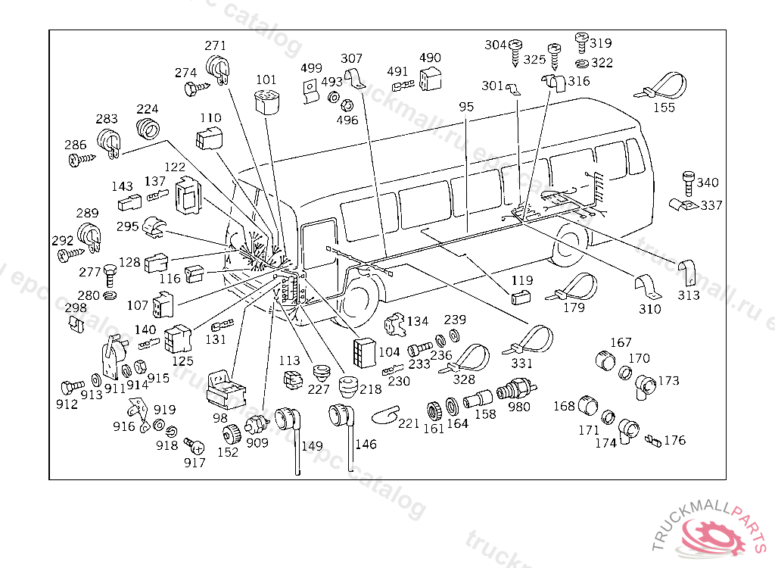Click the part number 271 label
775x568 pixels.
[216, 45]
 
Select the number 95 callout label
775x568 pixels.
[466, 107]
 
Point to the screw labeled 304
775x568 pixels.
[515, 53]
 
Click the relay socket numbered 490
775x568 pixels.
[430, 78]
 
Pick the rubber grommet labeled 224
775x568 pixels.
[148, 128]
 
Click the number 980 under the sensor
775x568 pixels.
[519, 407]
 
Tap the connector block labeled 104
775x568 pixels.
[364, 352]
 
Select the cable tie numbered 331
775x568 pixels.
[529, 341]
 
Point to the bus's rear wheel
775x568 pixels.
[571, 244]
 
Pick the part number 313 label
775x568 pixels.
[689, 295]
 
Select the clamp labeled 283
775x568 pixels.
[109, 142]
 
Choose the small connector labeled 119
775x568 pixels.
[521, 298]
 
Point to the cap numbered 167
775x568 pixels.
[605, 360]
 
